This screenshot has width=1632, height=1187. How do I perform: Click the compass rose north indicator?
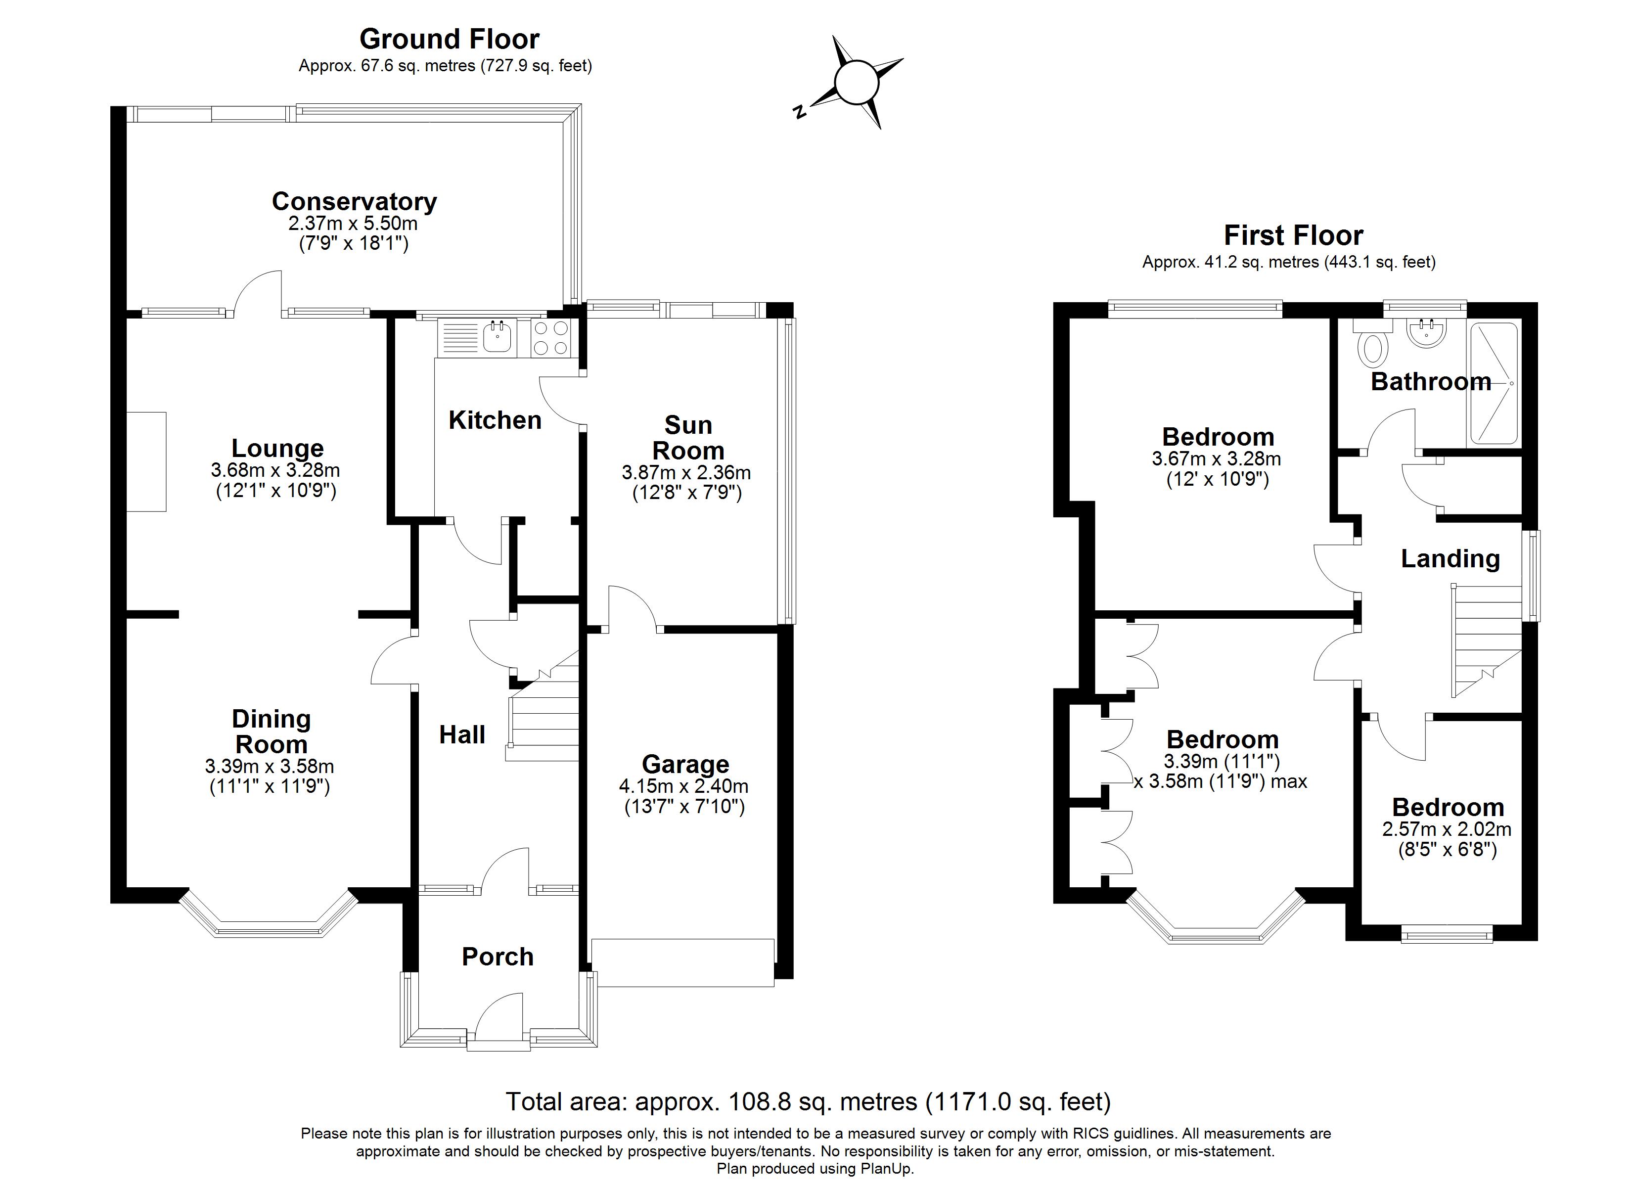(x=799, y=112)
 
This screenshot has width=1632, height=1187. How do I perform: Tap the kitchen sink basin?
(x=497, y=336)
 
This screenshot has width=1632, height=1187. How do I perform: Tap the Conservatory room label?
(x=354, y=202)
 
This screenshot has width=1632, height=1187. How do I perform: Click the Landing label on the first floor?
(x=1450, y=558)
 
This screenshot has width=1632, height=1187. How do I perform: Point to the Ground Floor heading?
(x=449, y=39)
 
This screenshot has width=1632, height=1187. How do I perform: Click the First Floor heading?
(x=1293, y=235)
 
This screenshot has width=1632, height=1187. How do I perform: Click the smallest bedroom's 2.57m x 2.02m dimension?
(x=1447, y=829)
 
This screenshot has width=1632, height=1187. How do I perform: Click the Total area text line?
(x=808, y=1101)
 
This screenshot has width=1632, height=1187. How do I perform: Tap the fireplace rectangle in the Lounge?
(x=147, y=461)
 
